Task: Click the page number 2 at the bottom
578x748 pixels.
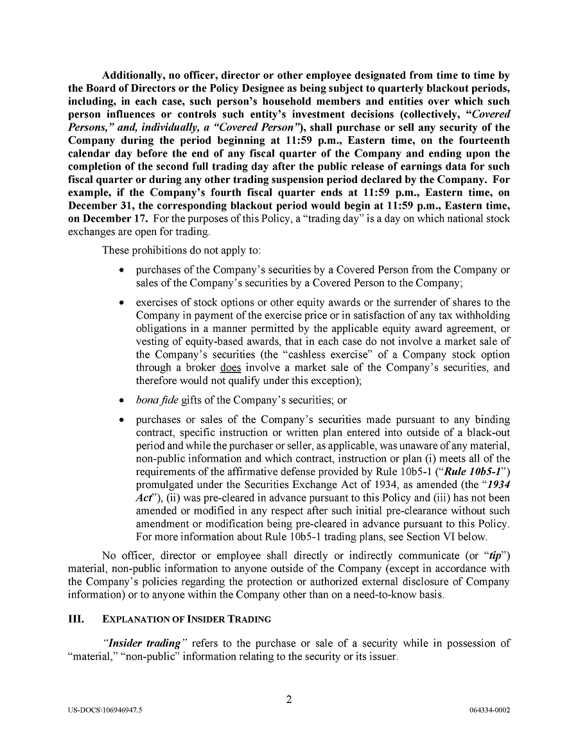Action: click(x=289, y=700)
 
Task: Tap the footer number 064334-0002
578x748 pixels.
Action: click(x=490, y=711)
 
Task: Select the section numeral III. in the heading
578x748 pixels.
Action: click(x=76, y=619)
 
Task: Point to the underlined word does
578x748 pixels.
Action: click(x=231, y=368)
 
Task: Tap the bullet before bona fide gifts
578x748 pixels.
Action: click(x=123, y=400)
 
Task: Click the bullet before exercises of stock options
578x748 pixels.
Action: click(x=123, y=302)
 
